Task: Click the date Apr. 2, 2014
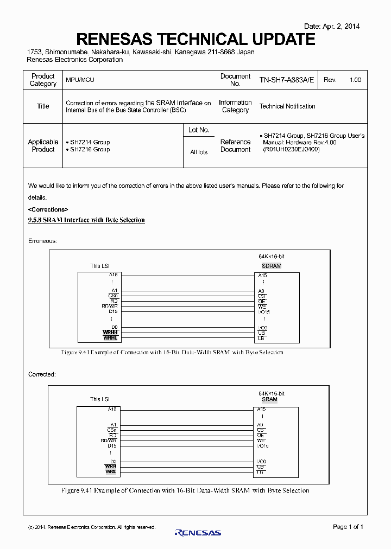point(332,26)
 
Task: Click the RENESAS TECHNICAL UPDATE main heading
point(195,39)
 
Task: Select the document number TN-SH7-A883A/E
point(287,80)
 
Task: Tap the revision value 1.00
point(355,80)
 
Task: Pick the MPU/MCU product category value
point(80,80)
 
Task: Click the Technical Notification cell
point(287,106)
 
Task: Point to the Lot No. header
point(199,130)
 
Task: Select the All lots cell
point(199,152)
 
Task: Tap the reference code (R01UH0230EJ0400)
point(291,150)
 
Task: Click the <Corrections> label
point(48,209)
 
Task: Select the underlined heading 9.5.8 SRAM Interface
point(86,220)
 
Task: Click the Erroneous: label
point(42,240)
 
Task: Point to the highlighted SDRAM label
point(271,266)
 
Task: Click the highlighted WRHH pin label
point(110,332)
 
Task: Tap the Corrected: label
point(42,374)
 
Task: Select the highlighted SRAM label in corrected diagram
point(269,399)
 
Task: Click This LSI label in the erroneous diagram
point(100,266)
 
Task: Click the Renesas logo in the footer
point(198,533)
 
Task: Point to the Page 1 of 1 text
point(348,527)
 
